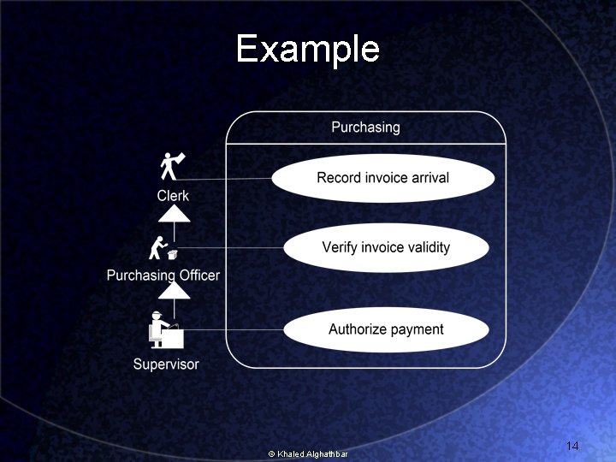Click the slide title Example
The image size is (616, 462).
pyautogui.click(x=307, y=49)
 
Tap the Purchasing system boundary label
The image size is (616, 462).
pyautogui.click(x=365, y=127)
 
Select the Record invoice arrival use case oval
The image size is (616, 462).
pyautogui.click(x=382, y=178)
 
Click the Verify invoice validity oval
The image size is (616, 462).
pyautogui.click(x=385, y=248)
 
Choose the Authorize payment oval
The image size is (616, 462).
pyautogui.click(x=386, y=329)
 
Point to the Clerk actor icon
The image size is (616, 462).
pyautogui.click(x=173, y=165)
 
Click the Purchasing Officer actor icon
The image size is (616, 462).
pyautogui.click(x=163, y=248)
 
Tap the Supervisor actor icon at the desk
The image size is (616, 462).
pyautogui.click(x=165, y=329)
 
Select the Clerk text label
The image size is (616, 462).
pyautogui.click(x=173, y=196)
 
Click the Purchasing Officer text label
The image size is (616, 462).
pyautogui.click(x=163, y=275)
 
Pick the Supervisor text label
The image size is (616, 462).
pyautogui.click(x=166, y=364)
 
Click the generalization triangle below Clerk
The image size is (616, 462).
pyautogui.click(x=174, y=214)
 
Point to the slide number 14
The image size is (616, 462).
pyautogui.click(x=572, y=447)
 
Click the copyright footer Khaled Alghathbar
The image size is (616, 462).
pyautogui.click(x=308, y=453)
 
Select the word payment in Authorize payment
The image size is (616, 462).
pyautogui.click(x=416, y=329)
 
